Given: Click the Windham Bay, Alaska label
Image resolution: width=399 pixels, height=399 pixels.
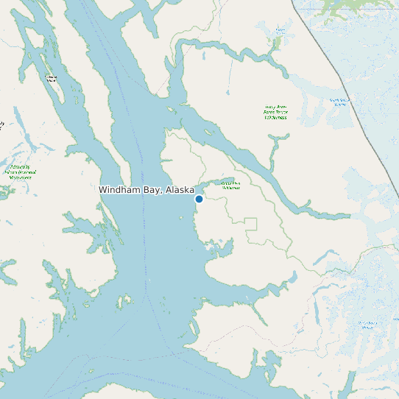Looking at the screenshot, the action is click(x=146, y=190).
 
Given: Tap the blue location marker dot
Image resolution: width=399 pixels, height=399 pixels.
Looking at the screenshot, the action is click(x=199, y=199).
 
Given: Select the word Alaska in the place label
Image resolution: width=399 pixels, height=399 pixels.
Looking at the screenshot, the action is click(x=180, y=190).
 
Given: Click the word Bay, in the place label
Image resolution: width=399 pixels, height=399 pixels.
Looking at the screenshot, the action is click(x=152, y=190).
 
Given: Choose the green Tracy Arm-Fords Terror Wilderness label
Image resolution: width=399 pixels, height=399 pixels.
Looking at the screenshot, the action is click(x=276, y=111).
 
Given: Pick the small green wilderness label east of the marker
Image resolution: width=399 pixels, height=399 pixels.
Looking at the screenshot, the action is click(x=231, y=185).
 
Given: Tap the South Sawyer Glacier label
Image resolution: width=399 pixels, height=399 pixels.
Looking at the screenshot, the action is click(x=339, y=102).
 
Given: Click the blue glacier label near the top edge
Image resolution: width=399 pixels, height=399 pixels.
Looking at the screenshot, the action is click(x=280, y=31).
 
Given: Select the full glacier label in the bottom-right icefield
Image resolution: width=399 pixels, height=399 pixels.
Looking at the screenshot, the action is click(x=367, y=325).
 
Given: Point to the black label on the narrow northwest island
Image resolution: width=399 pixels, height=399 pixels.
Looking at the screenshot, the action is click(x=51, y=78).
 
